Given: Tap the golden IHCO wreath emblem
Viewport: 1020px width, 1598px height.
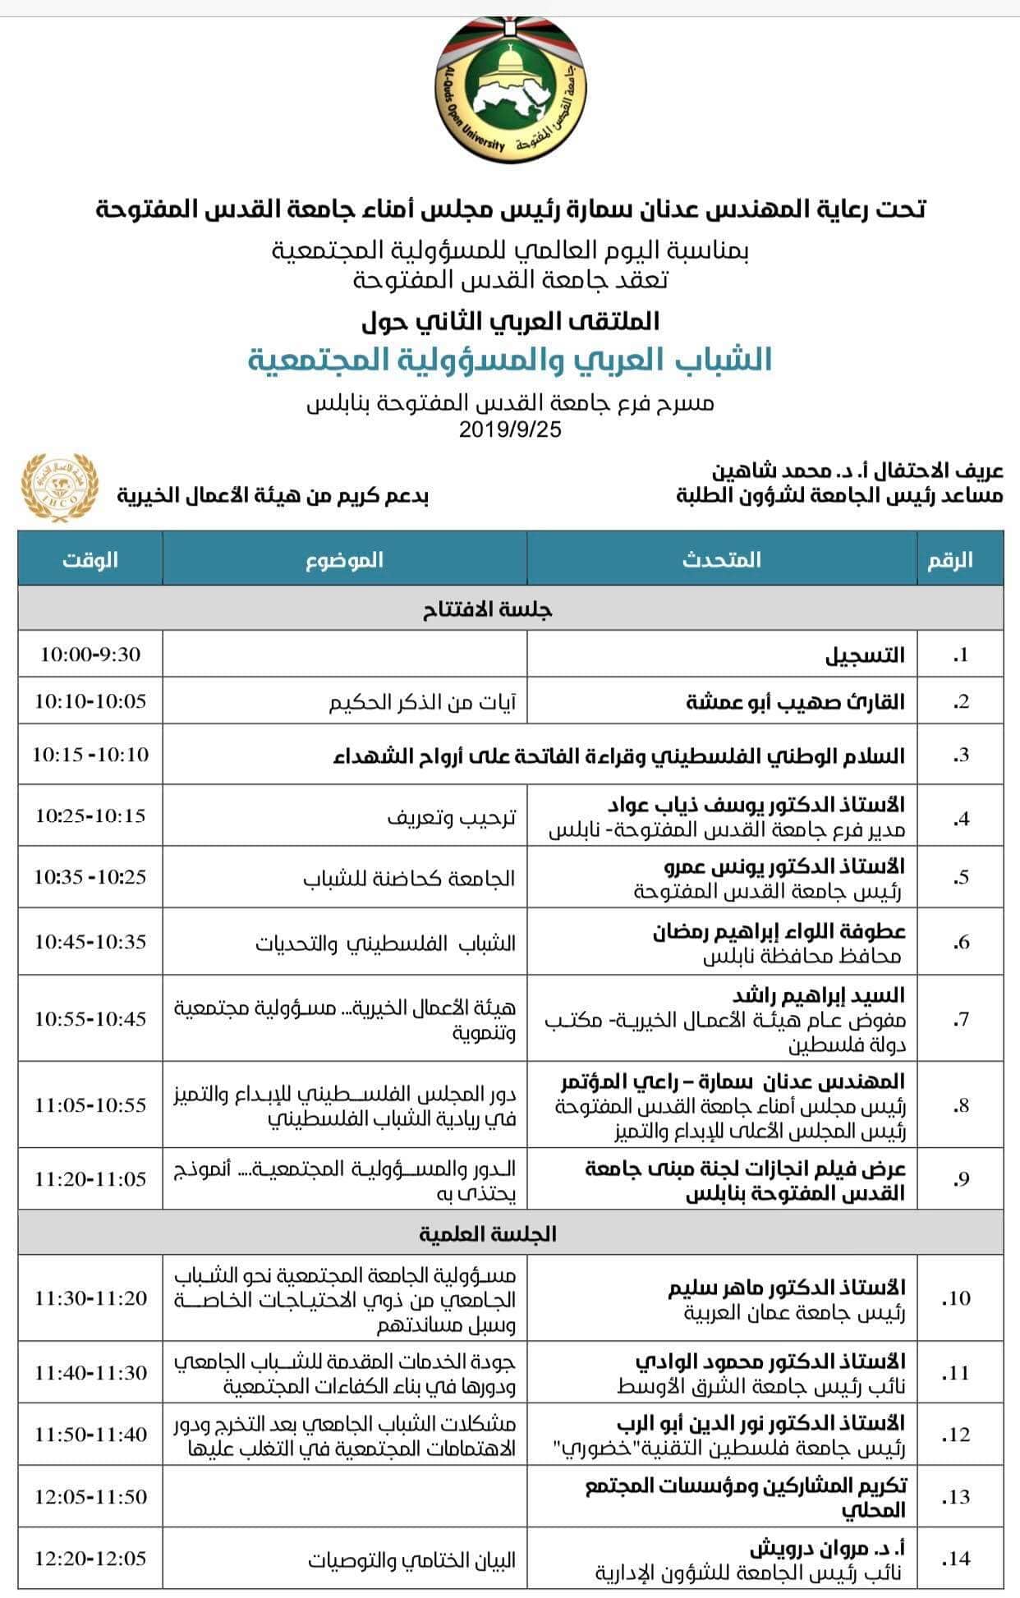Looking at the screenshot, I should click(x=59, y=487).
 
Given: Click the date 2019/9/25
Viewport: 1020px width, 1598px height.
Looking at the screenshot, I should click(x=510, y=429).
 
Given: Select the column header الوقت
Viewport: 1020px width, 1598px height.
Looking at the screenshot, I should click(x=90, y=560).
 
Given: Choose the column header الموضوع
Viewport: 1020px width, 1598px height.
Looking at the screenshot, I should click(x=345, y=560).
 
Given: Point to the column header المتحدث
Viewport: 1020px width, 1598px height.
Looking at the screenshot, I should click(x=722, y=560).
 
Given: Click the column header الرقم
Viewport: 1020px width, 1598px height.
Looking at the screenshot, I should click(x=950, y=560).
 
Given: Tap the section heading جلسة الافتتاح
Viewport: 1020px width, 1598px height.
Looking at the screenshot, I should click(x=488, y=609).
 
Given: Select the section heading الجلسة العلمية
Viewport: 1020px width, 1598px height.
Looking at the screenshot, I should click(x=488, y=1234).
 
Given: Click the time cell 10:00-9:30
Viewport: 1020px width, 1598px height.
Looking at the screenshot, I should click(x=90, y=654).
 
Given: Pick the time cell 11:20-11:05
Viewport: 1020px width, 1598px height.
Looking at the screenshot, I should click(x=90, y=1179).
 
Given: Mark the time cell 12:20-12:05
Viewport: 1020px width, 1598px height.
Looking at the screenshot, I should click(x=90, y=1558).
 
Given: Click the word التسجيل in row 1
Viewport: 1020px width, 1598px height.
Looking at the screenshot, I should click(x=865, y=655).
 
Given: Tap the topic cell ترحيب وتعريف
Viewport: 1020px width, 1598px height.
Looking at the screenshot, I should click(x=452, y=817).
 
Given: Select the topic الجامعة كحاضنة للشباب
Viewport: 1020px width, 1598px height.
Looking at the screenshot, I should click(x=409, y=878).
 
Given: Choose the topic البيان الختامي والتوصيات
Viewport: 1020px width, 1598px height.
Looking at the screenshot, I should click(x=412, y=1559).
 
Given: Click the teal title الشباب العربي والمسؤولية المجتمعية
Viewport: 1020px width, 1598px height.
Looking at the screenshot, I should click(x=510, y=360).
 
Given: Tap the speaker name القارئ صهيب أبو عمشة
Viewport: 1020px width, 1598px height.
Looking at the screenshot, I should click(x=795, y=701).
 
